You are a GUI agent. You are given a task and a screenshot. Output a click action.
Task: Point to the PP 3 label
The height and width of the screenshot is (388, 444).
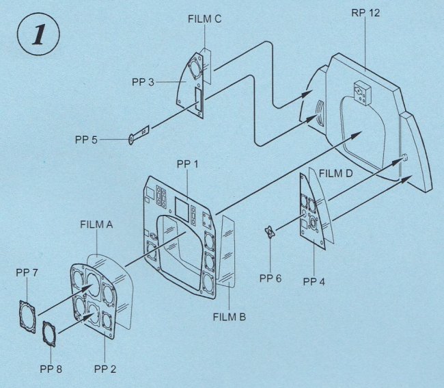pyautogui.click(x=146, y=83)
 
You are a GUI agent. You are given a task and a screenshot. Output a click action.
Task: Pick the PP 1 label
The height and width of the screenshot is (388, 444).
pyautogui.click(x=189, y=164)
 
